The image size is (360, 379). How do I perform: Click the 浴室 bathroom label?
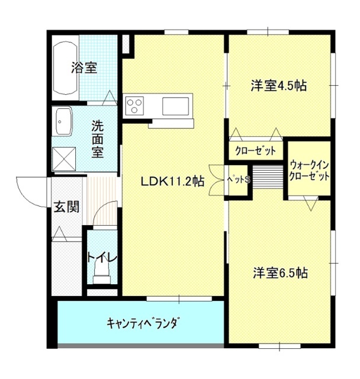click(x=84, y=68)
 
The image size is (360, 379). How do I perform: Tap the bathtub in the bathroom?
click(x=65, y=68)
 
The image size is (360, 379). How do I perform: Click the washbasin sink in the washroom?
click(x=64, y=121)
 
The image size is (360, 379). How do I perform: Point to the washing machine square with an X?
click(x=64, y=159)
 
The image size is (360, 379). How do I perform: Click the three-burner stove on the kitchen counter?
click(x=134, y=106)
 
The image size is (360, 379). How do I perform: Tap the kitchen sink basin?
click(x=175, y=106)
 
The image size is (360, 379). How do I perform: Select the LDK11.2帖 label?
click(x=172, y=181)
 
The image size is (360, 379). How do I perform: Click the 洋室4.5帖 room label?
click(x=278, y=85)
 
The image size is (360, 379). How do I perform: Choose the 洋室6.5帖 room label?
click(x=280, y=273)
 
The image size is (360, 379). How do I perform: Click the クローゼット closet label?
click(x=255, y=151)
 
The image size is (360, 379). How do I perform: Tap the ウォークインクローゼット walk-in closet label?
click(x=309, y=171)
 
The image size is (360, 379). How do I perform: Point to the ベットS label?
click(x=238, y=179)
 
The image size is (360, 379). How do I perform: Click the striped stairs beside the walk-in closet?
click(x=268, y=177)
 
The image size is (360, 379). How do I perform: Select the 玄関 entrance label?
click(x=66, y=207)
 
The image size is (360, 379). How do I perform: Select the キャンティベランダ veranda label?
click(x=143, y=323)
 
